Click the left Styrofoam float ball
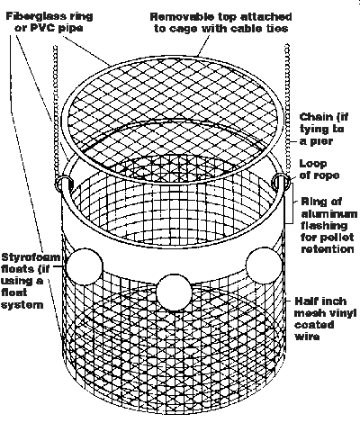tap(85, 266)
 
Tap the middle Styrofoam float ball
tap(174, 292)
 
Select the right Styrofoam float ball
tap(264, 265)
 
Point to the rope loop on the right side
tap(281, 183)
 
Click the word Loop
tap(313, 164)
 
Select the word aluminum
tap(329, 214)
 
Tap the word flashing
tap(324, 226)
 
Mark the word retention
tap(328, 249)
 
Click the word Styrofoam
tap(31, 257)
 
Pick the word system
tap(22, 305)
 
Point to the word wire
tap(307, 337)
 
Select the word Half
tap(307, 301)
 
